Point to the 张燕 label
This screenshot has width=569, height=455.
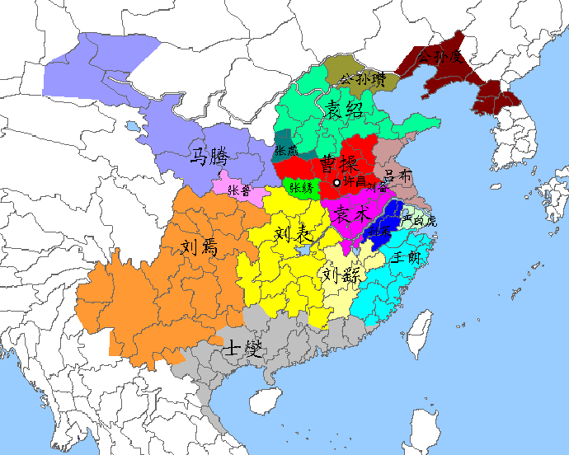pos(286,152)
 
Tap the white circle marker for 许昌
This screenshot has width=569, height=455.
pos(336,182)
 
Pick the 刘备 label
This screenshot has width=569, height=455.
pos(377,187)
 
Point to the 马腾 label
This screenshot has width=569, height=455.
pos(209,156)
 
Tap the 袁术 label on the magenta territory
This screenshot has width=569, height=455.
pos(353,216)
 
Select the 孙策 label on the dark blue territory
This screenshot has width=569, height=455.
pos(382,229)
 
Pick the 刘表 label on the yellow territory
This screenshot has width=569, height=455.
pos(293,237)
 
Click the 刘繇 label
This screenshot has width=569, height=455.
pos(341,274)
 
